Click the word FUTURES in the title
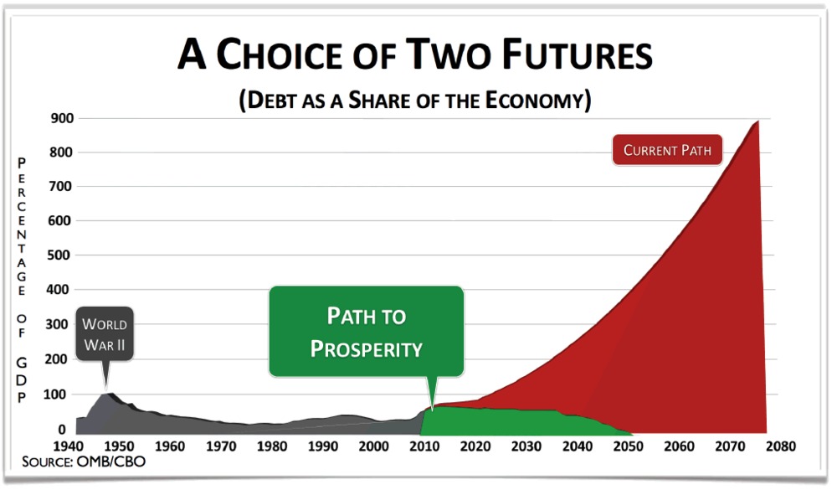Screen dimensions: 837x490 tap(578, 54)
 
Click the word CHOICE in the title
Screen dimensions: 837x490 tap(280, 54)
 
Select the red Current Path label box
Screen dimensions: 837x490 tap(667, 150)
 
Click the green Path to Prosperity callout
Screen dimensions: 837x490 tap(367, 332)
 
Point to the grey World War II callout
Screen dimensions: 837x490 tap(105, 334)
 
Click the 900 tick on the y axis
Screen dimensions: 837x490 tap(63, 118)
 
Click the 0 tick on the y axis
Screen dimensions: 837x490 tap(62, 429)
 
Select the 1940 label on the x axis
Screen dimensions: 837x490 tap(69, 446)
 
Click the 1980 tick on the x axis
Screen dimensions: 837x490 tap(272, 446)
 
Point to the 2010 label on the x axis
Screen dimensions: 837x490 tap(424, 446)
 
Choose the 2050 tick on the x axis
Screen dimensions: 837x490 tap(629, 446)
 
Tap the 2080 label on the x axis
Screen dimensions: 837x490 tap(781, 446)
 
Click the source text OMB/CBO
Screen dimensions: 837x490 tap(111, 462)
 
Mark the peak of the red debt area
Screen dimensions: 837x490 tap(757, 121)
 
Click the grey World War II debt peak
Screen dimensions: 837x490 tap(109, 394)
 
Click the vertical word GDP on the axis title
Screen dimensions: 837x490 tap(22, 380)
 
